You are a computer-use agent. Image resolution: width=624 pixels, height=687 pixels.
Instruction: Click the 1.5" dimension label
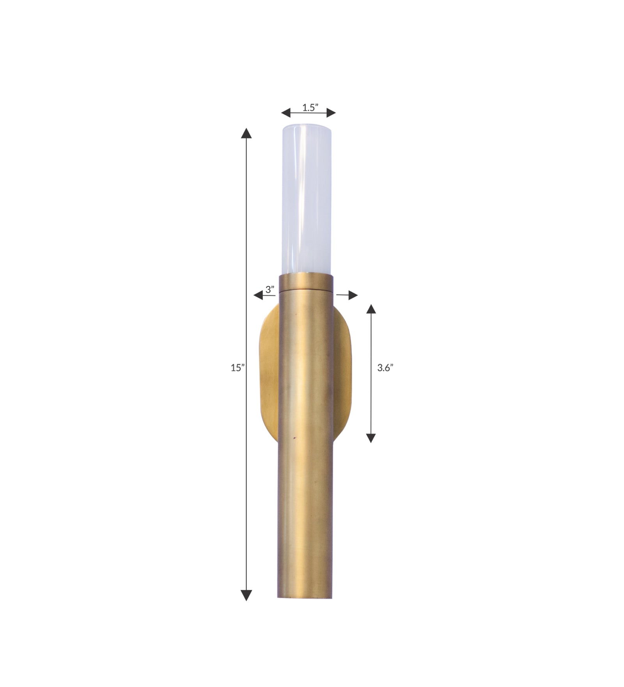[x=310, y=108]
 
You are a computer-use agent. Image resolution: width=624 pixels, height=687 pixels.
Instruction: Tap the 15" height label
[x=237, y=367]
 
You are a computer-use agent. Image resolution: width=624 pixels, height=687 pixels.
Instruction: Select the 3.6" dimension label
[x=385, y=367]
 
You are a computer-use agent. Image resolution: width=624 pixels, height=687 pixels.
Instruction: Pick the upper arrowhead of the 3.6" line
[x=371, y=309]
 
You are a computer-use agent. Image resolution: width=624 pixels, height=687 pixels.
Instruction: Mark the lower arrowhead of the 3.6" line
[x=371, y=438]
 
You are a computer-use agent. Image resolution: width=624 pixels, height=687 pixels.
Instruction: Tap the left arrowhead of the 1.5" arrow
[x=286, y=113]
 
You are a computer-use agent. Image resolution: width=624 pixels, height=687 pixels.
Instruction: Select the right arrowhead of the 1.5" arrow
[x=331, y=113]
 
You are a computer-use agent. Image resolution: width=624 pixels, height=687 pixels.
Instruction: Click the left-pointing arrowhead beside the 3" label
[x=258, y=295]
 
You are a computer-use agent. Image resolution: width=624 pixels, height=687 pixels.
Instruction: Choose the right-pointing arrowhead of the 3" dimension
[x=353, y=295]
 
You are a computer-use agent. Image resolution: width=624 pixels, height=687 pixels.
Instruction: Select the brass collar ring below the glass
[x=306, y=282]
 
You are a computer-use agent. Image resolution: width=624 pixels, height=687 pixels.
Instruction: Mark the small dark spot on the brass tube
[x=295, y=438]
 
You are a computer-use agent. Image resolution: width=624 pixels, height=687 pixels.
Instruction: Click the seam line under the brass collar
[x=306, y=291]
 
